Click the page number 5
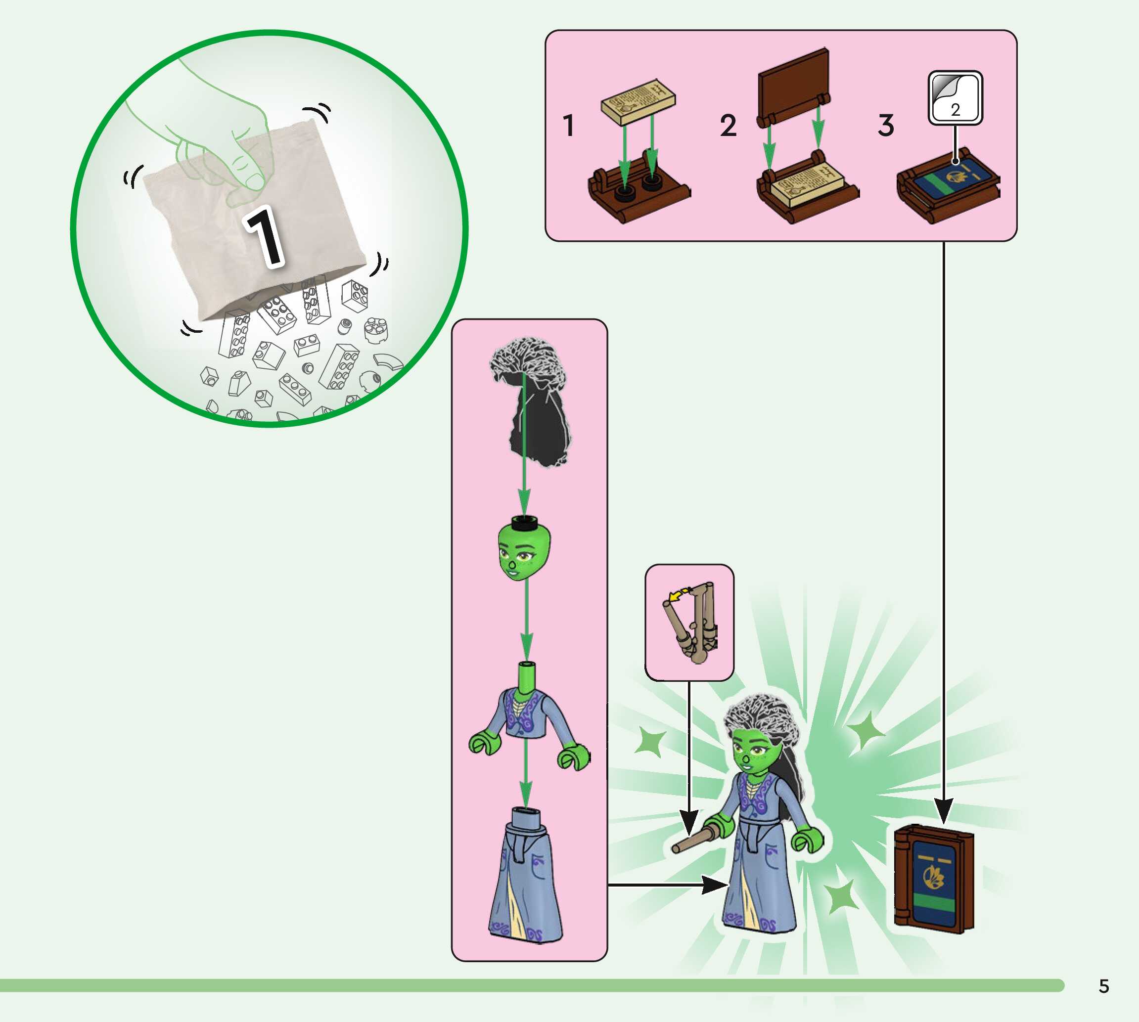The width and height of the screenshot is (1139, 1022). tap(1103, 986)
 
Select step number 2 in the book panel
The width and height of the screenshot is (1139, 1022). tap(728, 125)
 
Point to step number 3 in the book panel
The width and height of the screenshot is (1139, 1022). tap(886, 125)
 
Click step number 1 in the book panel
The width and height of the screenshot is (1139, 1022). tap(569, 125)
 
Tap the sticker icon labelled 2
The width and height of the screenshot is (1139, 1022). tap(955, 98)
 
